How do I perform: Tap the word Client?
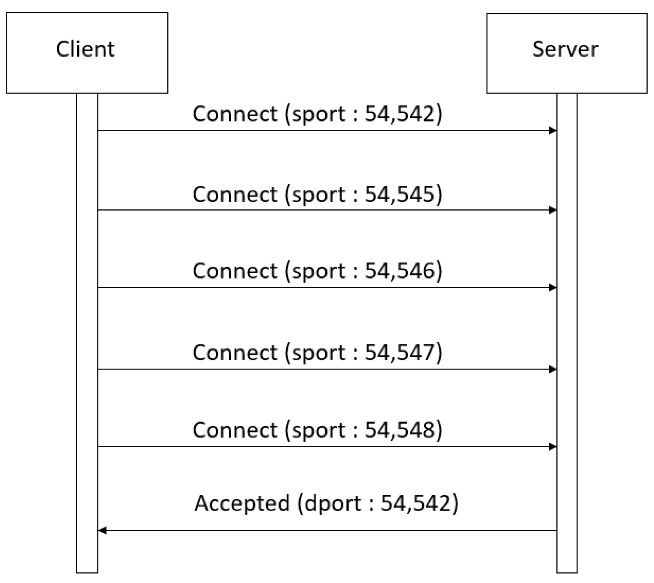click(x=85, y=49)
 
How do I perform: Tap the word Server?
click(x=565, y=49)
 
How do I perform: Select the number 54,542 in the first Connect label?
click(x=400, y=113)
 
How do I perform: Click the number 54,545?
click(x=400, y=194)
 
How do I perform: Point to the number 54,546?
click(x=400, y=271)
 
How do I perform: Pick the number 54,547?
click(x=400, y=352)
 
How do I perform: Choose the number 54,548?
click(x=400, y=429)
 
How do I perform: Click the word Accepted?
click(x=242, y=503)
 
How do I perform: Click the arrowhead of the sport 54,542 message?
click(x=553, y=131)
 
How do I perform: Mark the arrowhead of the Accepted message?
click(x=103, y=531)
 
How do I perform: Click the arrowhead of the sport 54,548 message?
click(x=553, y=447)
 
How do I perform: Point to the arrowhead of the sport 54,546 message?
click(x=553, y=288)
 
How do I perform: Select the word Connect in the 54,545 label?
click(x=235, y=194)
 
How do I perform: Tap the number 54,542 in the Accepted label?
click(x=416, y=503)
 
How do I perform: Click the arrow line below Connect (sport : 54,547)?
click(x=324, y=369)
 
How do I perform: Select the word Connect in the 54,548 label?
click(x=235, y=429)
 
